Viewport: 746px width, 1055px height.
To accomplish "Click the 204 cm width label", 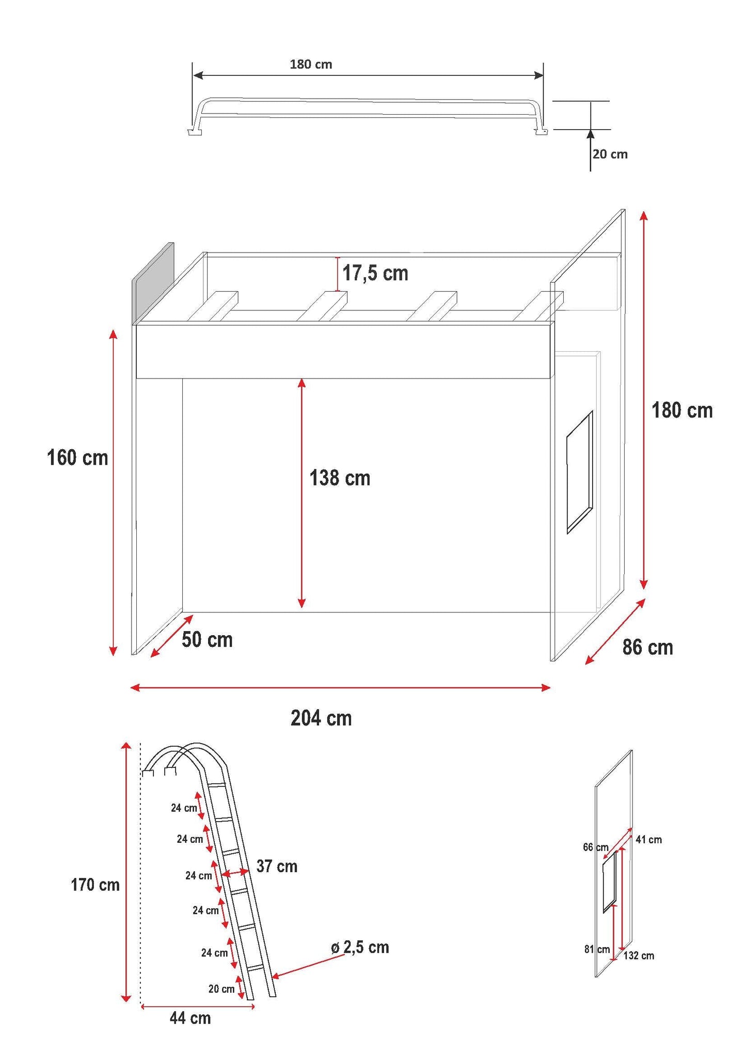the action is [x=321, y=718].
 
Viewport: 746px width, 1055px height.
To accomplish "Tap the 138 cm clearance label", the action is [x=340, y=478].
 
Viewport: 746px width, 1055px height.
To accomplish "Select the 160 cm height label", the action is [x=77, y=458].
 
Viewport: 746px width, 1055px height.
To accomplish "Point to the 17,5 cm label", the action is [x=375, y=273].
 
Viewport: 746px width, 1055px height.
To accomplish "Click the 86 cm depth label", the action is [x=648, y=647].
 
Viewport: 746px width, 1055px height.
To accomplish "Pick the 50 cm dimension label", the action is [x=207, y=640].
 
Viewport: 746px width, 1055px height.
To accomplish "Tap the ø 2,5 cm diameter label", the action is [x=360, y=948].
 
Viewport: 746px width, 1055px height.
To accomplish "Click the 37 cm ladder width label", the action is [x=277, y=866].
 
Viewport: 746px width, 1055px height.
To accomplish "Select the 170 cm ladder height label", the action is [x=95, y=885].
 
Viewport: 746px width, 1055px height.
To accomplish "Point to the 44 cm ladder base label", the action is [x=191, y=1018].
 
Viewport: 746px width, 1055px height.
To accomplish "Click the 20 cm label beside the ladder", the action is [x=221, y=989].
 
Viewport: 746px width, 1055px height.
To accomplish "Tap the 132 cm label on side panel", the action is [x=639, y=956].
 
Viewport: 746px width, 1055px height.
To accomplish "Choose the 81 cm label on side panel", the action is [x=597, y=949].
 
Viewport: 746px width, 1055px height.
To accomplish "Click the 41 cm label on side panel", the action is [x=648, y=840].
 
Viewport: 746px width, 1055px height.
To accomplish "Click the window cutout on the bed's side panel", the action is [x=580, y=472].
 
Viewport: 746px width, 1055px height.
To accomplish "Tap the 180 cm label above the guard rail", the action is [x=311, y=65].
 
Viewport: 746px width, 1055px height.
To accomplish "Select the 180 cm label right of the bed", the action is [x=682, y=411].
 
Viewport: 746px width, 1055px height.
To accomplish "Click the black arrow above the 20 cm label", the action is [x=591, y=150].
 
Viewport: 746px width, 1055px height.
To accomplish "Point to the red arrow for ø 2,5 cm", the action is [x=308, y=966].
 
